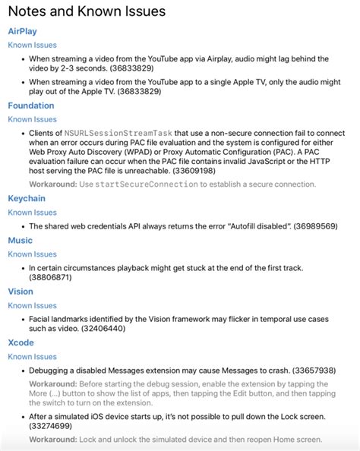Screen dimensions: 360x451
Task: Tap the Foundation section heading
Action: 31,106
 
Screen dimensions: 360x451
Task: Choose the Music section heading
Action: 21,240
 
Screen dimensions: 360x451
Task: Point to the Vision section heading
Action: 21,291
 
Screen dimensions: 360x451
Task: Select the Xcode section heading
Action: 21,342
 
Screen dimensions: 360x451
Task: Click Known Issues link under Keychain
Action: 32,213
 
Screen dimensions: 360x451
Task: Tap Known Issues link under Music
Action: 32,254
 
